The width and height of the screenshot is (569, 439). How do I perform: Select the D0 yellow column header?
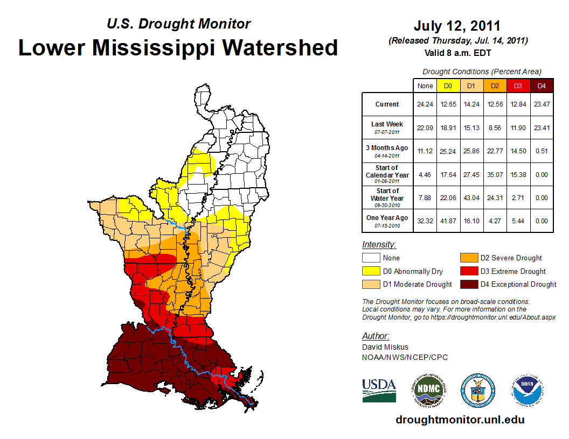point(448,86)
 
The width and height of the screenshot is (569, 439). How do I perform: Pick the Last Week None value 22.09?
point(425,128)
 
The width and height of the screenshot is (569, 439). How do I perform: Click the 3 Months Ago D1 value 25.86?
point(471,151)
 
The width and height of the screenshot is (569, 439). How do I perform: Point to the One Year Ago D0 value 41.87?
point(448,221)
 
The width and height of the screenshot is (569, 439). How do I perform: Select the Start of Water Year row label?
point(387,197)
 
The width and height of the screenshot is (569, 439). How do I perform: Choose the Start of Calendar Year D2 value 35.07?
point(495,174)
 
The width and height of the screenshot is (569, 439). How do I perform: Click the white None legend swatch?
point(371,258)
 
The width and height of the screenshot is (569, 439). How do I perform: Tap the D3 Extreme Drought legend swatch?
point(468,271)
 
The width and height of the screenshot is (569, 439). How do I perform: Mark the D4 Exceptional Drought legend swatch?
point(468,284)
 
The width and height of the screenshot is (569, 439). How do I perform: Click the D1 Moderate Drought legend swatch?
point(371,284)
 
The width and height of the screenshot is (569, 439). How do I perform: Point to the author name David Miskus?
point(385,347)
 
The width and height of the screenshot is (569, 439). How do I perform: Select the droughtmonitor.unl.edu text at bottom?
point(460,420)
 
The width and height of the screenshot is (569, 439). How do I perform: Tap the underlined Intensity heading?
point(379,245)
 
